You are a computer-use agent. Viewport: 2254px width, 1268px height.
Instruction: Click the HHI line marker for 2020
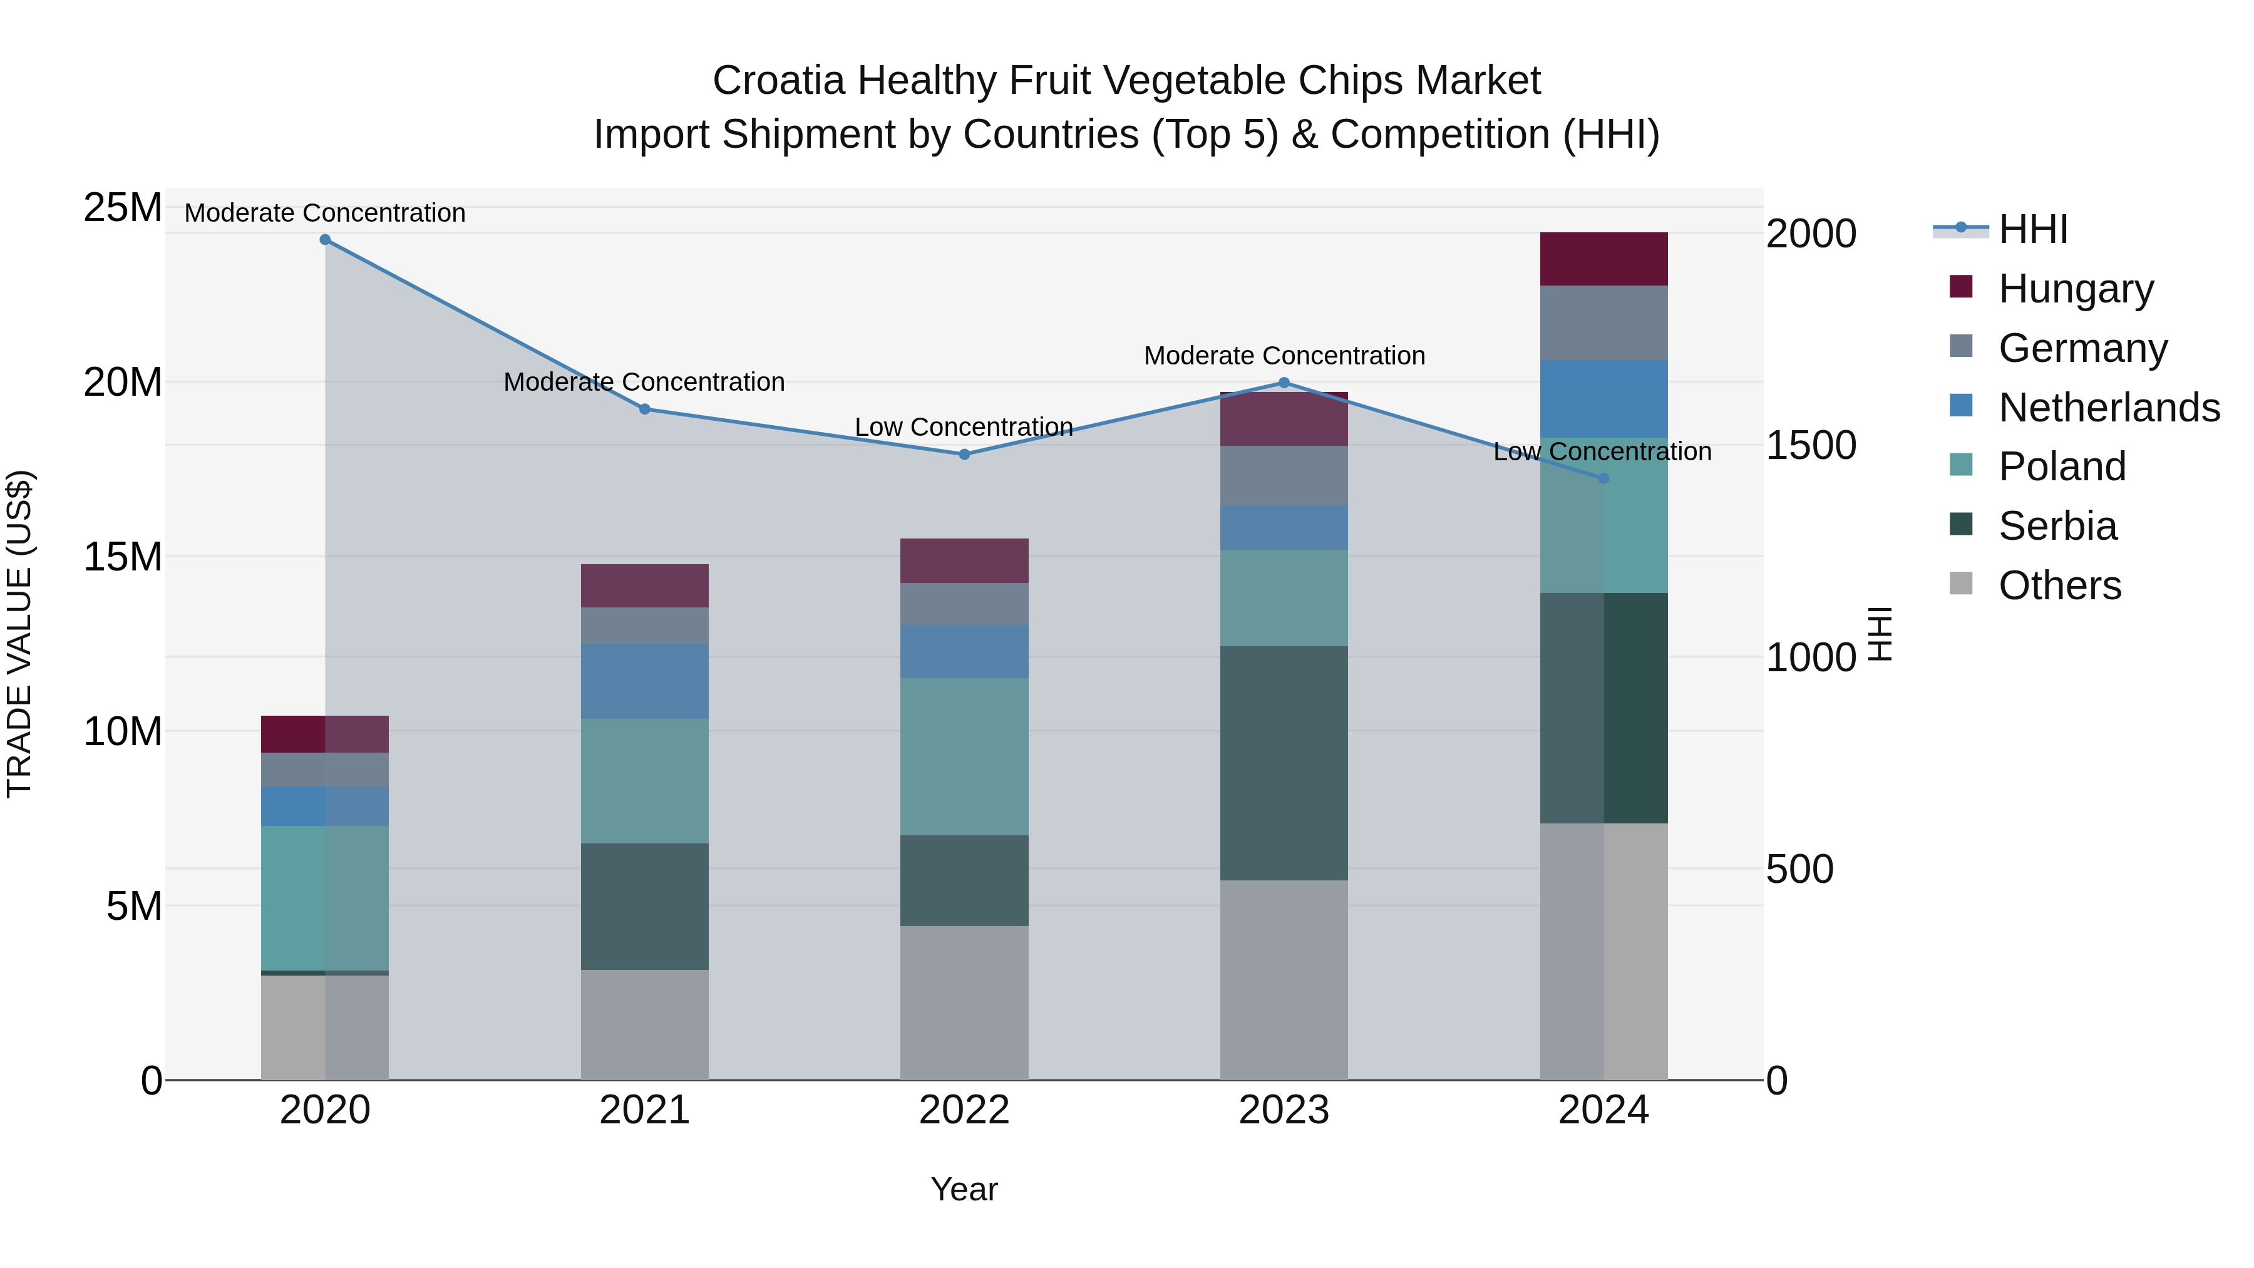324,240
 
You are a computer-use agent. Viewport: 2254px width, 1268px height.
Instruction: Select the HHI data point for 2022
964,454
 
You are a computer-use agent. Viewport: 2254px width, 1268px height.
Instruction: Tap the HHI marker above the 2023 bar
1284,383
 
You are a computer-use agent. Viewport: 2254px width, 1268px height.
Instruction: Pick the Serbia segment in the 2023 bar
1284,763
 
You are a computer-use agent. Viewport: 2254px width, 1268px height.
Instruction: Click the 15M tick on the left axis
123,557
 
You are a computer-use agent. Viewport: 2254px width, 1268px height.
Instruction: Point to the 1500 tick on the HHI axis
1810,445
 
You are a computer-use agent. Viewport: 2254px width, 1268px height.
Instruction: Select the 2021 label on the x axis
645,1110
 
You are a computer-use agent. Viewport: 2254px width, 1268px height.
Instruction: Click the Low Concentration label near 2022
964,427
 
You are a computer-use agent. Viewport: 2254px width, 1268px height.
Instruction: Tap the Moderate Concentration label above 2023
1284,356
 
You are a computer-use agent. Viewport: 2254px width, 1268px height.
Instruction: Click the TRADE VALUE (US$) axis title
19,634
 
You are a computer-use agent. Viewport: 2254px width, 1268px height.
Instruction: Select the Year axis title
964,1189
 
